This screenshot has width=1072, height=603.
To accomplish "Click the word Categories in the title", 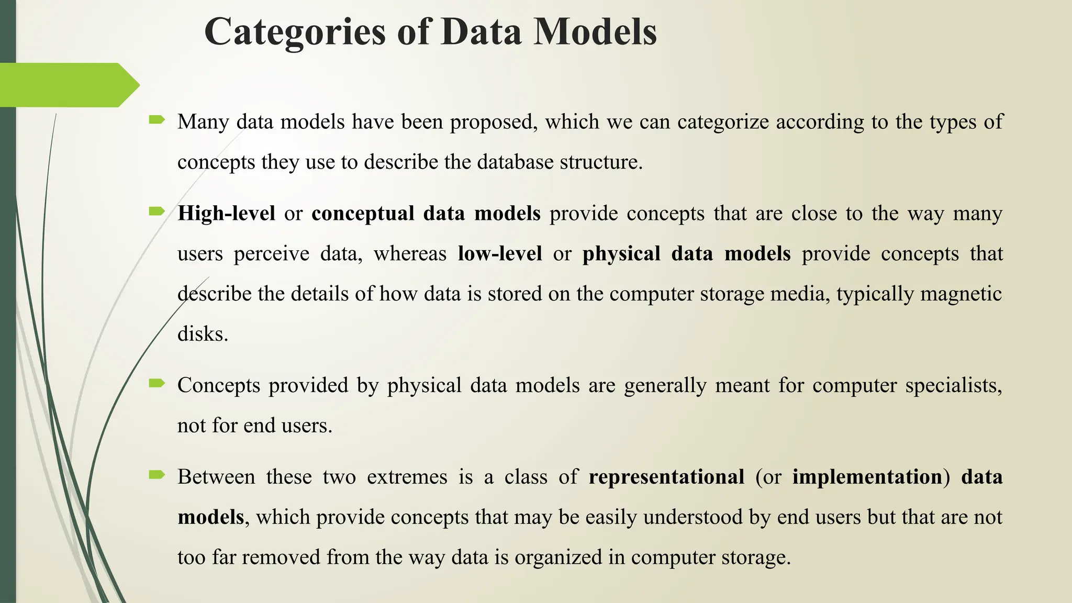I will coord(295,32).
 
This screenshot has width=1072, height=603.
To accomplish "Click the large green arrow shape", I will coord(68,85).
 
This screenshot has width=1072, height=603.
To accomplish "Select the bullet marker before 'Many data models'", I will coord(157,121).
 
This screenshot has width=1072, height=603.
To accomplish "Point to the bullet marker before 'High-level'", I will coord(157,212).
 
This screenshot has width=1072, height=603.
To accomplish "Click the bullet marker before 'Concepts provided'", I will coord(157,384).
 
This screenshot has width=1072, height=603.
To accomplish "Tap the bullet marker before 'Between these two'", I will coord(157,475).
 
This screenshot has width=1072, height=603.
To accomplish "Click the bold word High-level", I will coord(226,214).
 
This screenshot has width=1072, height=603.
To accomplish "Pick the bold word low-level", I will coord(500,254).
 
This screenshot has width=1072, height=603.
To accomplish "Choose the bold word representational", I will coord(666,477).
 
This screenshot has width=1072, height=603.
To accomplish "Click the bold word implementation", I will coord(867,477).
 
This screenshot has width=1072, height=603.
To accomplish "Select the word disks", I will coord(203,334).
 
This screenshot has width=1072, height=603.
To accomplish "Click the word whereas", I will coord(410,254).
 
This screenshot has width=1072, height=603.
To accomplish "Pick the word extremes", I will coord(407,477).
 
